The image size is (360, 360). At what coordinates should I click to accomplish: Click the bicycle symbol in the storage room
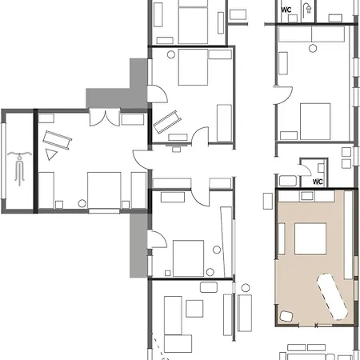click(x=19, y=168)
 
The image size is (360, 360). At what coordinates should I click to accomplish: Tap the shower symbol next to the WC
click(x=308, y=9)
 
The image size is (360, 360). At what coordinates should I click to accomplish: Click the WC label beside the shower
click(x=286, y=10)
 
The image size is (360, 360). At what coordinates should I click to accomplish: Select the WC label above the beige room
click(x=318, y=182)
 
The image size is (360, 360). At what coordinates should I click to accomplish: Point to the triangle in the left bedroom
click(x=50, y=154)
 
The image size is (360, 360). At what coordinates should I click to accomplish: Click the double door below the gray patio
click(x=105, y=118)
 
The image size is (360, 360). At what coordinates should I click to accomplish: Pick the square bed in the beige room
click(x=310, y=239)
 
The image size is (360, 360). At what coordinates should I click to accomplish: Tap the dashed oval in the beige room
click(x=332, y=296)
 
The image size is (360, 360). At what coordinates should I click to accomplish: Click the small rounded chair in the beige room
click(x=286, y=316)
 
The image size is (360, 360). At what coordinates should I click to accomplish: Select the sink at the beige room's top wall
click(x=307, y=196)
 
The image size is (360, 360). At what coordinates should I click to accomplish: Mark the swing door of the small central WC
click(x=305, y=170)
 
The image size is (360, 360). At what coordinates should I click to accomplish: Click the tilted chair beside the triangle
click(x=57, y=140)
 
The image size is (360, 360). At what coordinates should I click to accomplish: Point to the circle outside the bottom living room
click(x=246, y=288)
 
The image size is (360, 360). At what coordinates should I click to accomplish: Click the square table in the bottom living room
click(x=194, y=309)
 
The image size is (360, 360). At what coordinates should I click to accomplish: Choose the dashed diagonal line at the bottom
click(x=160, y=347)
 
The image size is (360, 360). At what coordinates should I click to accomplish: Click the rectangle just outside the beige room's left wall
click(x=268, y=201)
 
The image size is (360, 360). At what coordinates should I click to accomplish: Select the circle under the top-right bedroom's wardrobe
click(x=313, y=49)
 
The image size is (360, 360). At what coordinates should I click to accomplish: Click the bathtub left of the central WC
click(x=288, y=181)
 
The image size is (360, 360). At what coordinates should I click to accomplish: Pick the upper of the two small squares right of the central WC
click(x=346, y=152)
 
